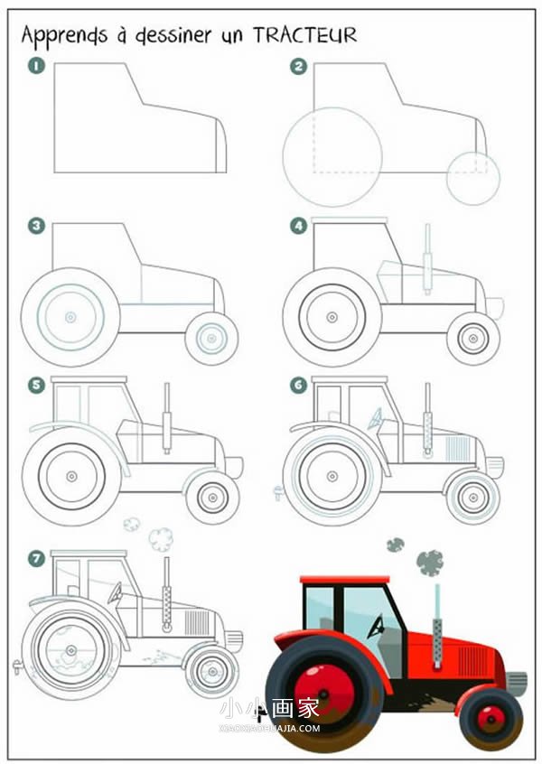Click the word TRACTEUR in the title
(305, 35)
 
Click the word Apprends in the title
(64, 36)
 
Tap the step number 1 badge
(36, 66)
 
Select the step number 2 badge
(298, 66)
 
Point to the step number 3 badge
(36, 226)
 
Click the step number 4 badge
(298, 226)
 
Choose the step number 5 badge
(36, 386)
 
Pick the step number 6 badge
(298, 386)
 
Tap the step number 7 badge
(36, 558)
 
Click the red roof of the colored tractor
(344, 580)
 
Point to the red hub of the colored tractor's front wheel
(491, 718)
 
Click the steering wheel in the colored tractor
(376, 627)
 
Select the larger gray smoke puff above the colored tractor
(430, 563)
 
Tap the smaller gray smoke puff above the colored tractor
(396, 545)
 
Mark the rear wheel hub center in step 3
(70, 317)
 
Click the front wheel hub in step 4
(472, 338)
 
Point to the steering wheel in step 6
(376, 419)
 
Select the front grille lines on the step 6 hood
(458, 448)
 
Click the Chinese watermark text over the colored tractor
(269, 708)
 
